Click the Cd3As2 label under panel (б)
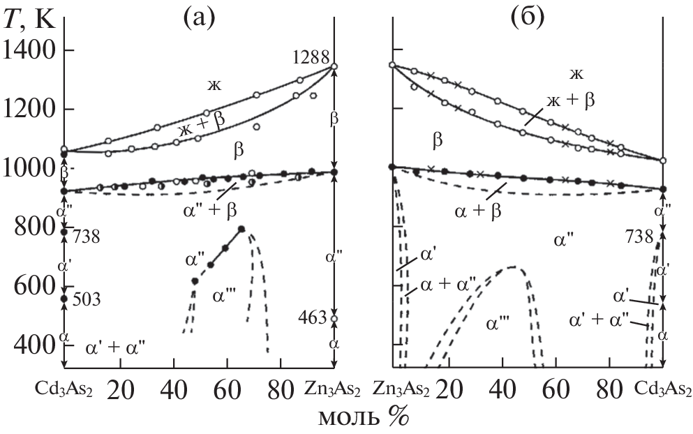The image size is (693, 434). point(664,388)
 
